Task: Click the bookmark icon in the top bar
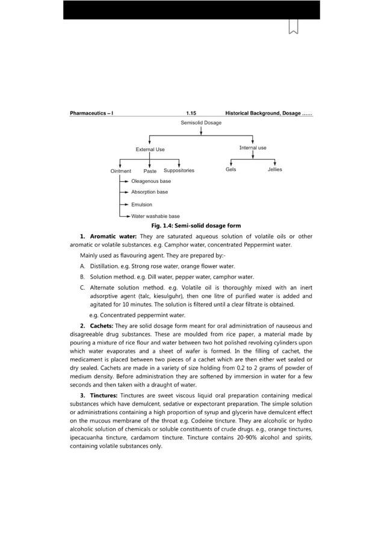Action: click(294, 26)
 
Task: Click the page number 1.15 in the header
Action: click(191, 113)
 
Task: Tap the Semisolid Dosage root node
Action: click(201, 123)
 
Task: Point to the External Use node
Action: click(150, 149)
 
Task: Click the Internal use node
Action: click(253, 147)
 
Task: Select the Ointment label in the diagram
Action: click(120, 171)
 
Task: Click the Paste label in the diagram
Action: click(150, 171)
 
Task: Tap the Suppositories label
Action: click(179, 170)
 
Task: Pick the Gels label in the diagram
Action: click(231, 170)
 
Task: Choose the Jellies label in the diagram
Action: click(274, 170)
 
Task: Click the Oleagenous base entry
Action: click(150, 181)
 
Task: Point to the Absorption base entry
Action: click(149, 192)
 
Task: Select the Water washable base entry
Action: click(155, 216)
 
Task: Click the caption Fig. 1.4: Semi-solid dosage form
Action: click(191, 226)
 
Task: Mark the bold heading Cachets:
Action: click(100, 326)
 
